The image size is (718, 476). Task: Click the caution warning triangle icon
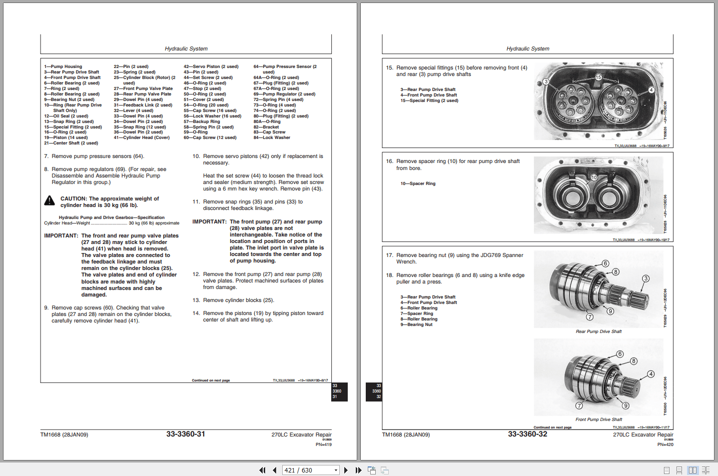coord(50,200)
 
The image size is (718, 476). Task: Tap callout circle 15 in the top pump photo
coord(598,77)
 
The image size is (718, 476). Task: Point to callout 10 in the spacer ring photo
coord(594,177)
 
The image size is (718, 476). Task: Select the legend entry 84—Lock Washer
coord(272,137)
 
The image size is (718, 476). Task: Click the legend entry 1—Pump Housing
coord(63,66)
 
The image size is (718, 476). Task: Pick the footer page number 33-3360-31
coord(186,434)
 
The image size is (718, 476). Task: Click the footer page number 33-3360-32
coord(527,434)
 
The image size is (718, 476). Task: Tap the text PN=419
coord(323,444)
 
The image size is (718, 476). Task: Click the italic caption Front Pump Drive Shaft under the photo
coord(598,419)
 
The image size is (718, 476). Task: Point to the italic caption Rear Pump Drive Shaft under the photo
coord(598,331)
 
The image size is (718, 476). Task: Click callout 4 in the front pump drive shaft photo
coord(650,374)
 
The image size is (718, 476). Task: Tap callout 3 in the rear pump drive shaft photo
coord(646,278)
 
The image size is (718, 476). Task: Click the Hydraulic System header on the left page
coord(186,48)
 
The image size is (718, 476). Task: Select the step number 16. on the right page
coord(389,161)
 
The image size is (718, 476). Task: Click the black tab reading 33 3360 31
coord(339,391)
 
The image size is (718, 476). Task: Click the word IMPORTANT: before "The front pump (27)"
coord(210,221)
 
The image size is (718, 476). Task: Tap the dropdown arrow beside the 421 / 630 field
coord(336,470)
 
